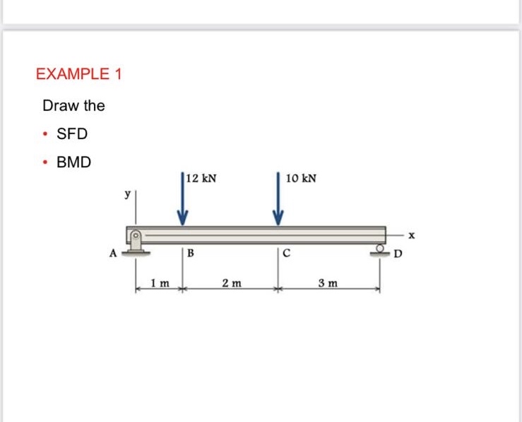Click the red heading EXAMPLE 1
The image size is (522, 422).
[x=78, y=74]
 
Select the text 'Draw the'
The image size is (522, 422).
[x=73, y=106]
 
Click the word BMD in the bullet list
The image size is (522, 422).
[x=73, y=162]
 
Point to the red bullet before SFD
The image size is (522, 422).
[x=45, y=134]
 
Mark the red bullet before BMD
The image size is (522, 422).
[x=45, y=162]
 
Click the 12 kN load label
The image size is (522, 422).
[x=201, y=179]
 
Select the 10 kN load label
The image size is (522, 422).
[x=302, y=179]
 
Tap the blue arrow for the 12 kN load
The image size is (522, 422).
[x=183, y=201]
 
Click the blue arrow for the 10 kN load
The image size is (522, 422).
[x=278, y=201]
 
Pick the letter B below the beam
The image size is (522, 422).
[x=191, y=254]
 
